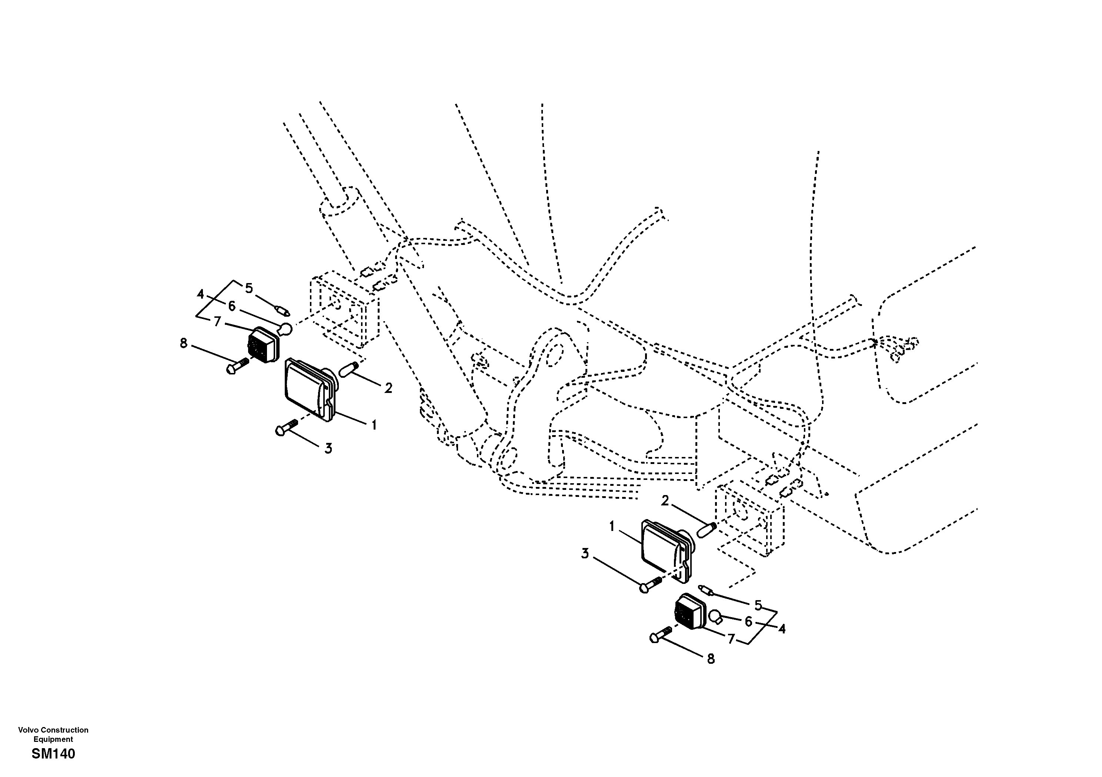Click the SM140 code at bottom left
(53, 754)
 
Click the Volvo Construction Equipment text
(53, 734)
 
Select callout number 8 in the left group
(183, 343)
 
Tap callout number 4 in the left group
(200, 293)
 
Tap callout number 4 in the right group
(781, 629)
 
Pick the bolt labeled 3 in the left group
(287, 427)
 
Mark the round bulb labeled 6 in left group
(285, 330)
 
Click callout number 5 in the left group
(248, 288)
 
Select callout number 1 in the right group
(612, 527)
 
